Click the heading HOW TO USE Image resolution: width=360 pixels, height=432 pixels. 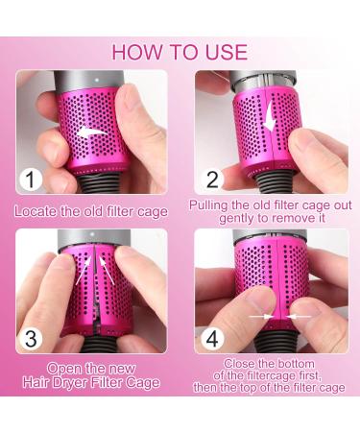point(180,52)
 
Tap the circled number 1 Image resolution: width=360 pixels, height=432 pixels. point(31,179)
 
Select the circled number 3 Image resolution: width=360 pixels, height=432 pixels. point(31,339)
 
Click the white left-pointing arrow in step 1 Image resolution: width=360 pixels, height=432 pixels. point(93,132)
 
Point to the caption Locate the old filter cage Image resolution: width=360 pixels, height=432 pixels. point(90,209)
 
